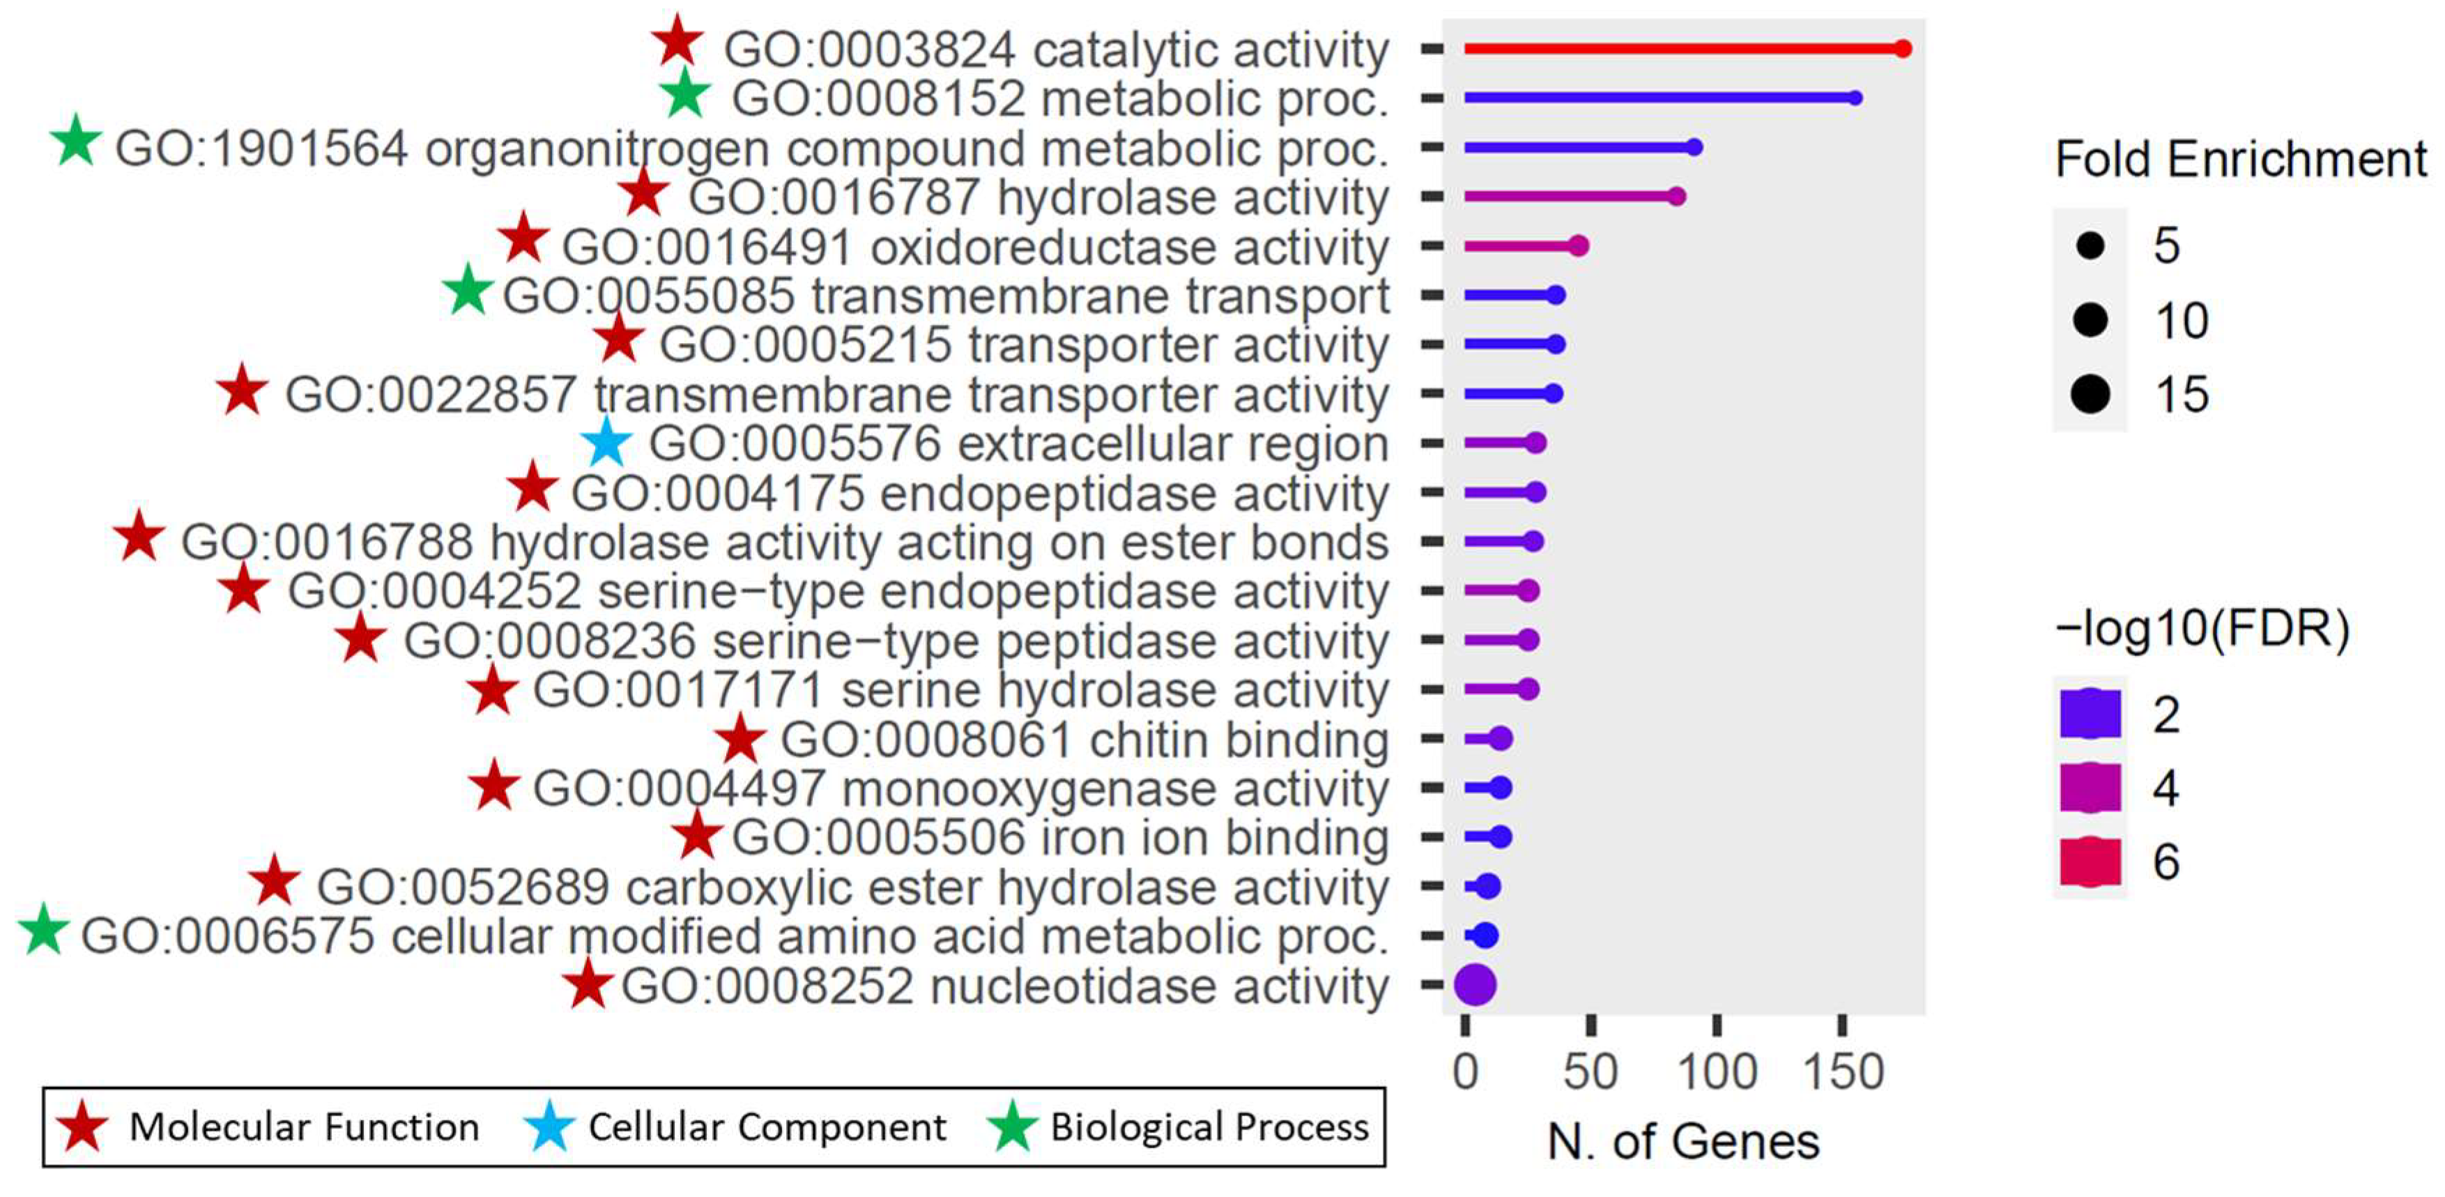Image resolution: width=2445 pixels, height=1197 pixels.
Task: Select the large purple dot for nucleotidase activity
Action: click(1475, 984)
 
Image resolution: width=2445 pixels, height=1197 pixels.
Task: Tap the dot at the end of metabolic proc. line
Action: click(1855, 98)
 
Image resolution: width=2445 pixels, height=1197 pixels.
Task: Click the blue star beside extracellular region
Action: click(606, 443)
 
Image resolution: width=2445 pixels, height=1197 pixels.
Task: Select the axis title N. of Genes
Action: click(1683, 1142)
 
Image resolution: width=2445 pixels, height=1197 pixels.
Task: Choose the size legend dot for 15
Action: click(2090, 394)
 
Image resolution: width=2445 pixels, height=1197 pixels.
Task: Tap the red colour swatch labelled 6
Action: click(2090, 861)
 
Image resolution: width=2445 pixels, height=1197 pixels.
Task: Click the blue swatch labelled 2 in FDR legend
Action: click(2090, 714)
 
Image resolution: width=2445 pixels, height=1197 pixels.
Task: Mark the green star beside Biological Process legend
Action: click(1012, 1127)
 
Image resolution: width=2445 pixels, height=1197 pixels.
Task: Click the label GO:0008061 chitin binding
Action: click(1084, 740)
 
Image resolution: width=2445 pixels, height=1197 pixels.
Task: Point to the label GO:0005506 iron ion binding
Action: click(1059, 838)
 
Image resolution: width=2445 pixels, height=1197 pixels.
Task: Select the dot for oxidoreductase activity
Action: click(1577, 246)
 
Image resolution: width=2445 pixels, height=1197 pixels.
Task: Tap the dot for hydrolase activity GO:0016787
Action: click(1676, 197)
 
